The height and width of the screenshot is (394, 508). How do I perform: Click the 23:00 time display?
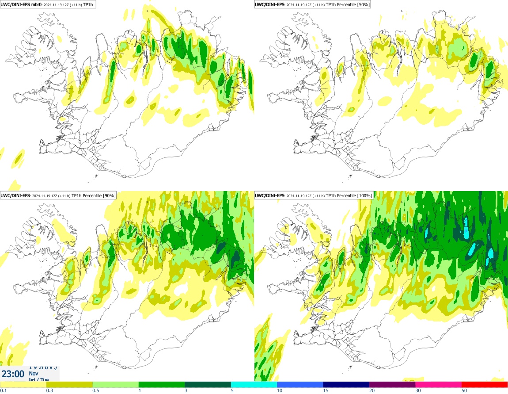13,374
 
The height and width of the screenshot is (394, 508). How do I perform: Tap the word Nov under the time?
33,373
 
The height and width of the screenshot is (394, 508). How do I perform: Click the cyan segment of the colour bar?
254,384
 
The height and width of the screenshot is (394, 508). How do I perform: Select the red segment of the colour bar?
485,384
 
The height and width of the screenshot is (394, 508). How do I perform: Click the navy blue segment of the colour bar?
346,384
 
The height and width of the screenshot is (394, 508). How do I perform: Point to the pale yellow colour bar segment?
23,384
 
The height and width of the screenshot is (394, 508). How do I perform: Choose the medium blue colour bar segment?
300,384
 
